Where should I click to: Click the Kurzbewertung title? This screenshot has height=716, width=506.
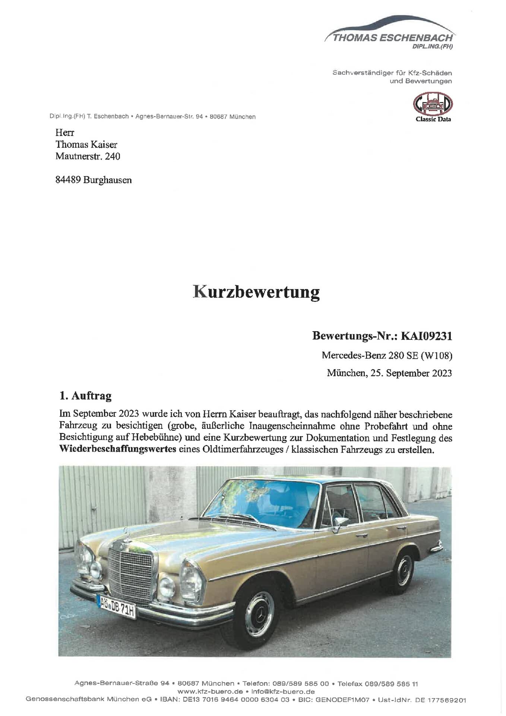256,292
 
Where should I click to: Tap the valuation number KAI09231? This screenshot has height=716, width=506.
426,336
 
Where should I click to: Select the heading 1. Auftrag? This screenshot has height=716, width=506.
85,396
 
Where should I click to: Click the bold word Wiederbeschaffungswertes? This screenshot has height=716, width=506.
118,449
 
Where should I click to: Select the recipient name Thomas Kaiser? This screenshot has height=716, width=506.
86,144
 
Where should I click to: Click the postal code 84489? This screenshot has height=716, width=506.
68,180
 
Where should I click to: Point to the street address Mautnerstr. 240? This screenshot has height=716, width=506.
88,156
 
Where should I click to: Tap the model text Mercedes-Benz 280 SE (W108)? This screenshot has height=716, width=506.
387,355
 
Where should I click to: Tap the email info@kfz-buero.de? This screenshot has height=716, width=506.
283,692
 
